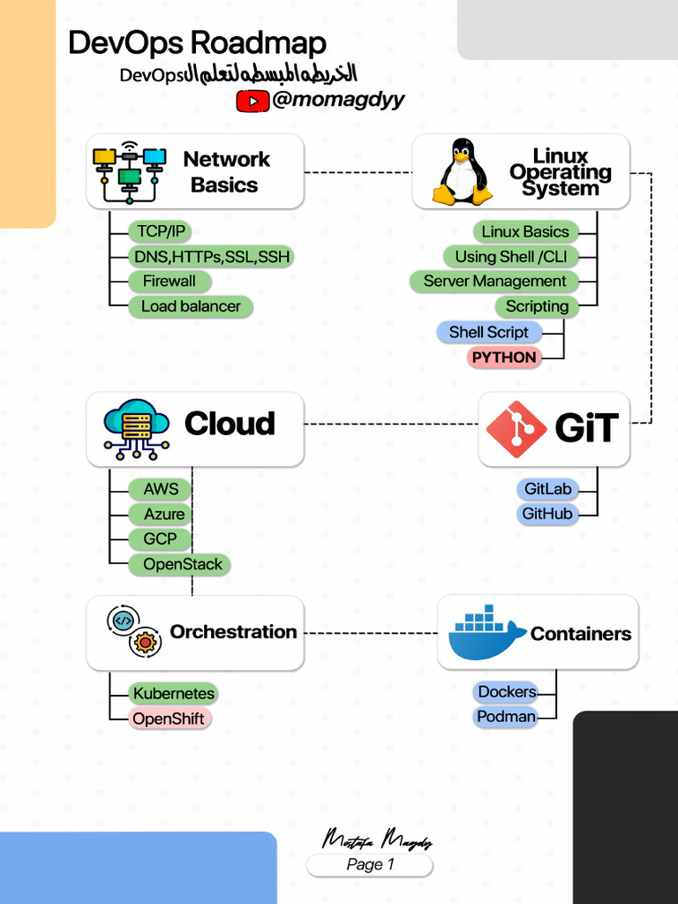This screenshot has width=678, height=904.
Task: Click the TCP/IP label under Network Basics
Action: pyautogui.click(x=162, y=231)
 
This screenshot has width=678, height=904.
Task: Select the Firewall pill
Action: pyautogui.click(x=169, y=282)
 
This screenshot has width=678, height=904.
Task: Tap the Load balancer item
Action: pyautogui.click(x=191, y=306)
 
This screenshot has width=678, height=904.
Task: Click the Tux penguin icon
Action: pyautogui.click(x=462, y=171)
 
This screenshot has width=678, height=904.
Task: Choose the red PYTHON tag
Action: pyautogui.click(x=504, y=358)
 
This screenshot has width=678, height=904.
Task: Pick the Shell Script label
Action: pyautogui.click(x=488, y=332)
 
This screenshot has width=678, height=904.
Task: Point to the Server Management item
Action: pyautogui.click(x=494, y=282)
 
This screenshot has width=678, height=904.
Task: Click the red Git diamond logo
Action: pyautogui.click(x=516, y=430)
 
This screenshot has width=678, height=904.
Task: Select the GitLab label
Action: pyautogui.click(x=547, y=489)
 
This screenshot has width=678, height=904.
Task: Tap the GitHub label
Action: pyautogui.click(x=547, y=514)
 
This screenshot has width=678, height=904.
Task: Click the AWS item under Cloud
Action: pyautogui.click(x=161, y=489)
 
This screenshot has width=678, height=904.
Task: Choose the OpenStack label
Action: pyautogui.click(x=182, y=564)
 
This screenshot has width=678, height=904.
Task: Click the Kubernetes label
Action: pyautogui.click(x=174, y=693)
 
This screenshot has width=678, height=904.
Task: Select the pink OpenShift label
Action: pyautogui.click(x=169, y=719)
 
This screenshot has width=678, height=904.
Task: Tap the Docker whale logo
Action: pyautogui.click(x=486, y=634)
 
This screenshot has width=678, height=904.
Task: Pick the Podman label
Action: pyautogui.click(x=506, y=717)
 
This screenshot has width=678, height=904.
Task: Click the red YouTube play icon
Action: pyautogui.click(x=252, y=102)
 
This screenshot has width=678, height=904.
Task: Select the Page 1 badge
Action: pyautogui.click(x=370, y=864)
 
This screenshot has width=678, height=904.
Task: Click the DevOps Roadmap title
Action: pyautogui.click(x=197, y=42)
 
